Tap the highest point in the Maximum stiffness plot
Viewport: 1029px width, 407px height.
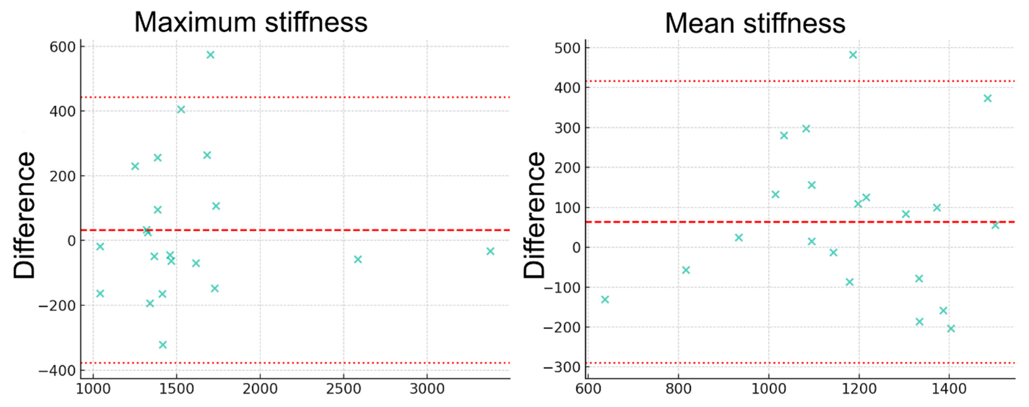(x=211, y=55)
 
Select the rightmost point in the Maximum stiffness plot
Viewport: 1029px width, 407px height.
(x=491, y=251)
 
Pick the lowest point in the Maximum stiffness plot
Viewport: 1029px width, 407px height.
(x=163, y=345)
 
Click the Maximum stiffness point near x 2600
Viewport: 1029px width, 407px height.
(x=358, y=259)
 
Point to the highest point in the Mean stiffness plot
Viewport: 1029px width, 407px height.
(x=853, y=55)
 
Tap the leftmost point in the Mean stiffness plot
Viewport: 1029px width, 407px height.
(x=605, y=300)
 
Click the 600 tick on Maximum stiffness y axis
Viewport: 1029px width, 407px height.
(x=62, y=47)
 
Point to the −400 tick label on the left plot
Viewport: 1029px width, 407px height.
(x=57, y=371)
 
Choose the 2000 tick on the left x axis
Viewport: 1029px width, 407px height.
(x=260, y=389)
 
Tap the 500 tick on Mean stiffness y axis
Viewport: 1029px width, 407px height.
(x=567, y=48)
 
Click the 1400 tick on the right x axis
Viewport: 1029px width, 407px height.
(x=949, y=389)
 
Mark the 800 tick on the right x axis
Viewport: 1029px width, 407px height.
(x=678, y=389)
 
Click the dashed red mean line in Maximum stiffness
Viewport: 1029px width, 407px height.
(x=319, y=230)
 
